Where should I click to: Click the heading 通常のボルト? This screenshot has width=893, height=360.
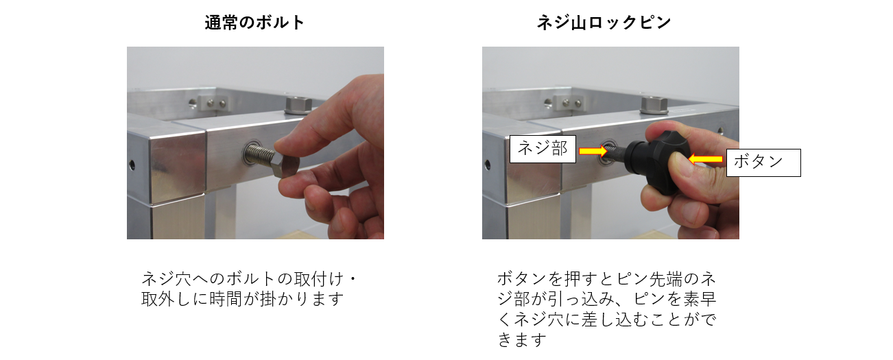click(x=254, y=23)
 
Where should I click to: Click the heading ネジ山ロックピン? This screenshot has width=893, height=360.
click(x=604, y=23)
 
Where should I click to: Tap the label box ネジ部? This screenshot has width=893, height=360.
click(x=543, y=149)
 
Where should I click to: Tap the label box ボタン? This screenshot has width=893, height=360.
click(x=763, y=163)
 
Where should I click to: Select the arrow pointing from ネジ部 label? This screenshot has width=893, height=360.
click(x=593, y=151)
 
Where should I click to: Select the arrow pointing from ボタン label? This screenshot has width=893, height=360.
click(x=706, y=159)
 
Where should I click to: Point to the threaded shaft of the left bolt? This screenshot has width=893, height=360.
click(x=260, y=154)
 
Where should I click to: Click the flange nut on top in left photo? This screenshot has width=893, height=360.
click(x=298, y=105)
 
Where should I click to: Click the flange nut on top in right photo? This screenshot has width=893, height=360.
click(x=654, y=105)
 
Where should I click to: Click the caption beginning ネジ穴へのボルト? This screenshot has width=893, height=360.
click(x=249, y=289)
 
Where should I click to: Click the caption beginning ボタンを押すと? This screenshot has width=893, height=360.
click(x=607, y=309)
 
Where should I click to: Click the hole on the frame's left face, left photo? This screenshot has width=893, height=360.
click(x=132, y=165)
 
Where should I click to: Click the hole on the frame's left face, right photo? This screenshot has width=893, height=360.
click(x=487, y=165)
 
